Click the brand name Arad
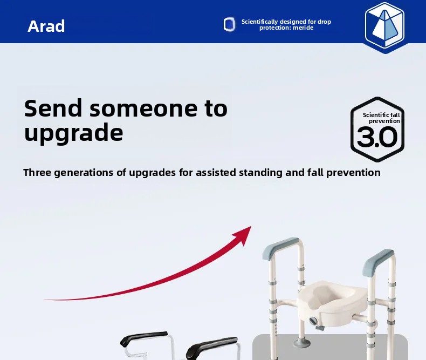click(46, 26)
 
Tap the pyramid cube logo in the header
click(384, 27)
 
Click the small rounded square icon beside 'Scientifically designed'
click(229, 24)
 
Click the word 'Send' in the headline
click(53, 108)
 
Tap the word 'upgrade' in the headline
click(74, 133)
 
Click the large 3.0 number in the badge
click(377, 137)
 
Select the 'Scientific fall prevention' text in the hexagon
click(381, 118)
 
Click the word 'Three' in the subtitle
click(37, 172)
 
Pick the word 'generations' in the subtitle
click(84, 173)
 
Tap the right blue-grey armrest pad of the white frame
click(377, 262)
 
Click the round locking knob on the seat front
click(314, 321)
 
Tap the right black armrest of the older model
click(211, 347)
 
